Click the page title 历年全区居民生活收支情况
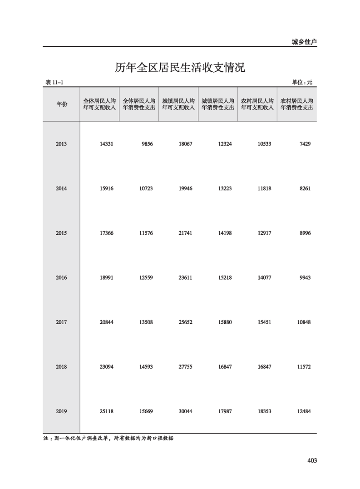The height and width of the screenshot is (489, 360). (x=180, y=68)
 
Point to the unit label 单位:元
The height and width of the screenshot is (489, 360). (x=302, y=82)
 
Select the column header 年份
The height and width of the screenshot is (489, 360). (x=61, y=104)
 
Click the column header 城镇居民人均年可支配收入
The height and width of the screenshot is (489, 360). (x=178, y=104)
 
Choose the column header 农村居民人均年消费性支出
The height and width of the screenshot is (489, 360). (x=297, y=104)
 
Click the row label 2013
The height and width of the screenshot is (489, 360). (x=61, y=144)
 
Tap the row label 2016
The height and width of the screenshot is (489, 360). (x=61, y=277)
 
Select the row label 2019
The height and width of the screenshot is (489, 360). (x=61, y=411)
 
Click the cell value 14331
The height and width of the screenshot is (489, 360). (x=106, y=144)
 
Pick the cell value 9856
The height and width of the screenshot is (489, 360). (x=147, y=144)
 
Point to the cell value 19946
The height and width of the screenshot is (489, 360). (x=186, y=188)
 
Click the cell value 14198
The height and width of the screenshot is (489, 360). (x=225, y=233)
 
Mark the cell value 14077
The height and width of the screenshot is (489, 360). (x=264, y=277)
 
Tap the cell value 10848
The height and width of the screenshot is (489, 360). (x=303, y=322)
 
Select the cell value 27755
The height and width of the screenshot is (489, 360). (x=186, y=366)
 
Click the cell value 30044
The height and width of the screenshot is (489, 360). (x=186, y=411)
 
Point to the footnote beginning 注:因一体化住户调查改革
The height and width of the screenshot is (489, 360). (x=109, y=439)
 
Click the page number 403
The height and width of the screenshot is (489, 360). (x=312, y=460)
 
